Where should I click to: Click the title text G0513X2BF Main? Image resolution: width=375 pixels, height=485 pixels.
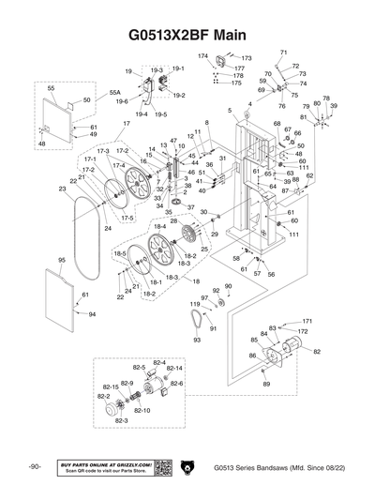[x=187, y=35]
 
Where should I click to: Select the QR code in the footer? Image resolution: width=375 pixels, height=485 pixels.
[x=160, y=466]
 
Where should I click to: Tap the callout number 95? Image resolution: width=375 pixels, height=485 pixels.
[x=62, y=260]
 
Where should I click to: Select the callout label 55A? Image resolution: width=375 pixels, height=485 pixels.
[x=114, y=94]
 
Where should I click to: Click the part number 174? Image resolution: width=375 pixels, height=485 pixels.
[x=202, y=57]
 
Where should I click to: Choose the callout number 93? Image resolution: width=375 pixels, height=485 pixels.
[x=197, y=340]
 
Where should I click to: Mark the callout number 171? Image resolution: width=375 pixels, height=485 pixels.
[x=307, y=321]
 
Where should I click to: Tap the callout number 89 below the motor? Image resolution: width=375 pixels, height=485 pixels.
[x=267, y=385]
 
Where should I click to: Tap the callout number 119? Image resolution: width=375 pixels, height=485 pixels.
[x=195, y=305]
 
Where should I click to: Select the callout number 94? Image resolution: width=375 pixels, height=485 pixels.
[x=92, y=315]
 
